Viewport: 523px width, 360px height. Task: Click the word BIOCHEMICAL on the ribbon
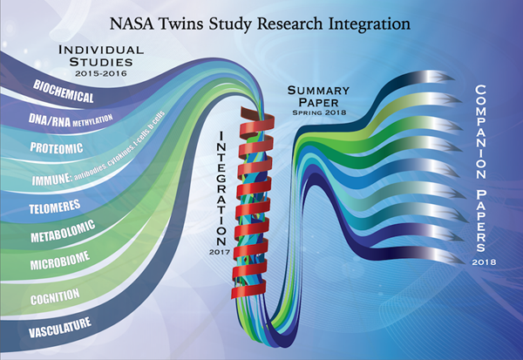coord(63,92)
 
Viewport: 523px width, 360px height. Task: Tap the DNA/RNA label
coord(50,119)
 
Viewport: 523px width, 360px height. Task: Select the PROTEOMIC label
coord(57,147)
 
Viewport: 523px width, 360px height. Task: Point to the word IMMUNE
coord(51,180)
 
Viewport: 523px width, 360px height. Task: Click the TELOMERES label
coord(55,207)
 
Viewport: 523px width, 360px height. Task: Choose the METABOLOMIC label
coord(63,231)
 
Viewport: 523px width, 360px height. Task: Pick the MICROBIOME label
coord(60,261)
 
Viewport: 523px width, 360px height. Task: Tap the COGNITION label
coord(55,296)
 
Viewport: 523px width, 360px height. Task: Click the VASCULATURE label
coord(59,327)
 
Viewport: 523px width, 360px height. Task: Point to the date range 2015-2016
coord(101,73)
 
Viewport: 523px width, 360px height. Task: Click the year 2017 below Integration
coord(220,252)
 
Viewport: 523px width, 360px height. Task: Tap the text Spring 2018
coord(319,112)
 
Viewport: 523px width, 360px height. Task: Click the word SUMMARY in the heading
coord(318,91)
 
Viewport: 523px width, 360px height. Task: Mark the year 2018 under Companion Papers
coord(484,262)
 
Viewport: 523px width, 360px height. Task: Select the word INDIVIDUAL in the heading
coord(101,50)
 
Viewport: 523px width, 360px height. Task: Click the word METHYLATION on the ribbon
coord(92,120)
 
